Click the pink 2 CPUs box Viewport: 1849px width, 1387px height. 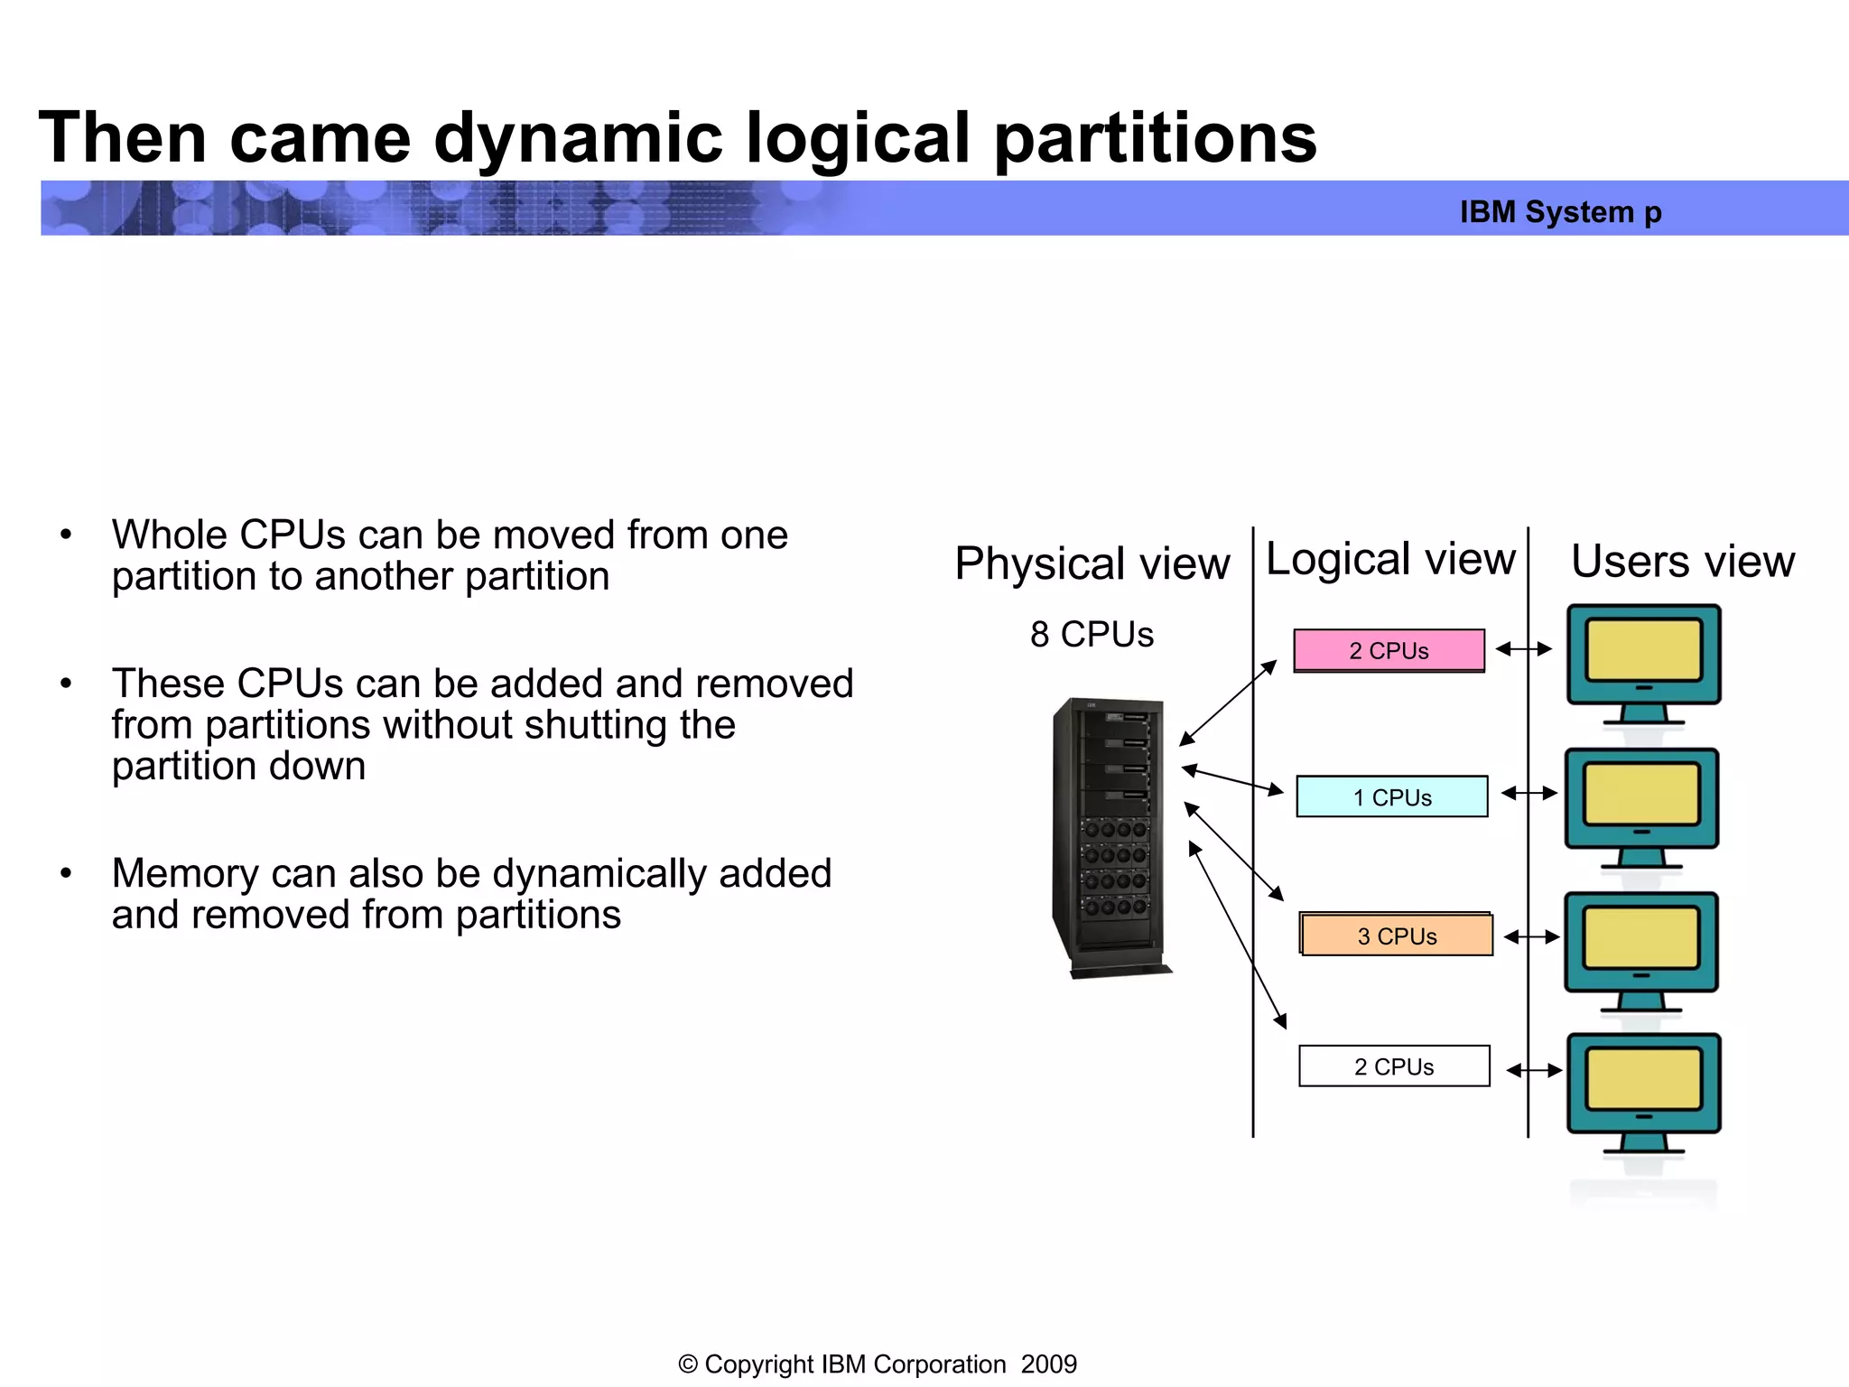click(x=1389, y=650)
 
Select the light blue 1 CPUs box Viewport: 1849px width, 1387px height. click(x=1391, y=796)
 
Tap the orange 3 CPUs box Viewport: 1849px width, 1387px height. click(x=1397, y=936)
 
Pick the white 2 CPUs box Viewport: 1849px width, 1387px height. click(x=1394, y=1066)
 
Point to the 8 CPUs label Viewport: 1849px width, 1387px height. click(x=1092, y=635)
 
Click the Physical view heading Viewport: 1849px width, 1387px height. click(x=1092, y=563)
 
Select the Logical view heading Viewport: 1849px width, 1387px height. click(x=1390, y=559)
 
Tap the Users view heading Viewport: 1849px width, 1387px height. click(x=1683, y=562)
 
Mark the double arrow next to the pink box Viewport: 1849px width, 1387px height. click(x=1523, y=648)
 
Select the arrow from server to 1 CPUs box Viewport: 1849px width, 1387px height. click(x=1232, y=781)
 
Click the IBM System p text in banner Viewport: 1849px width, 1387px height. click(x=1560, y=212)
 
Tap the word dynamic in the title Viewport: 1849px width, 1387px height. click(x=578, y=138)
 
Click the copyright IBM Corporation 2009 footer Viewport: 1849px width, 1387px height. click(x=877, y=1364)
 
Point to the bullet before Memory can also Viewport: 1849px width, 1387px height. click(x=66, y=873)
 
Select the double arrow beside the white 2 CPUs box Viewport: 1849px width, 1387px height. click(x=1534, y=1070)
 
